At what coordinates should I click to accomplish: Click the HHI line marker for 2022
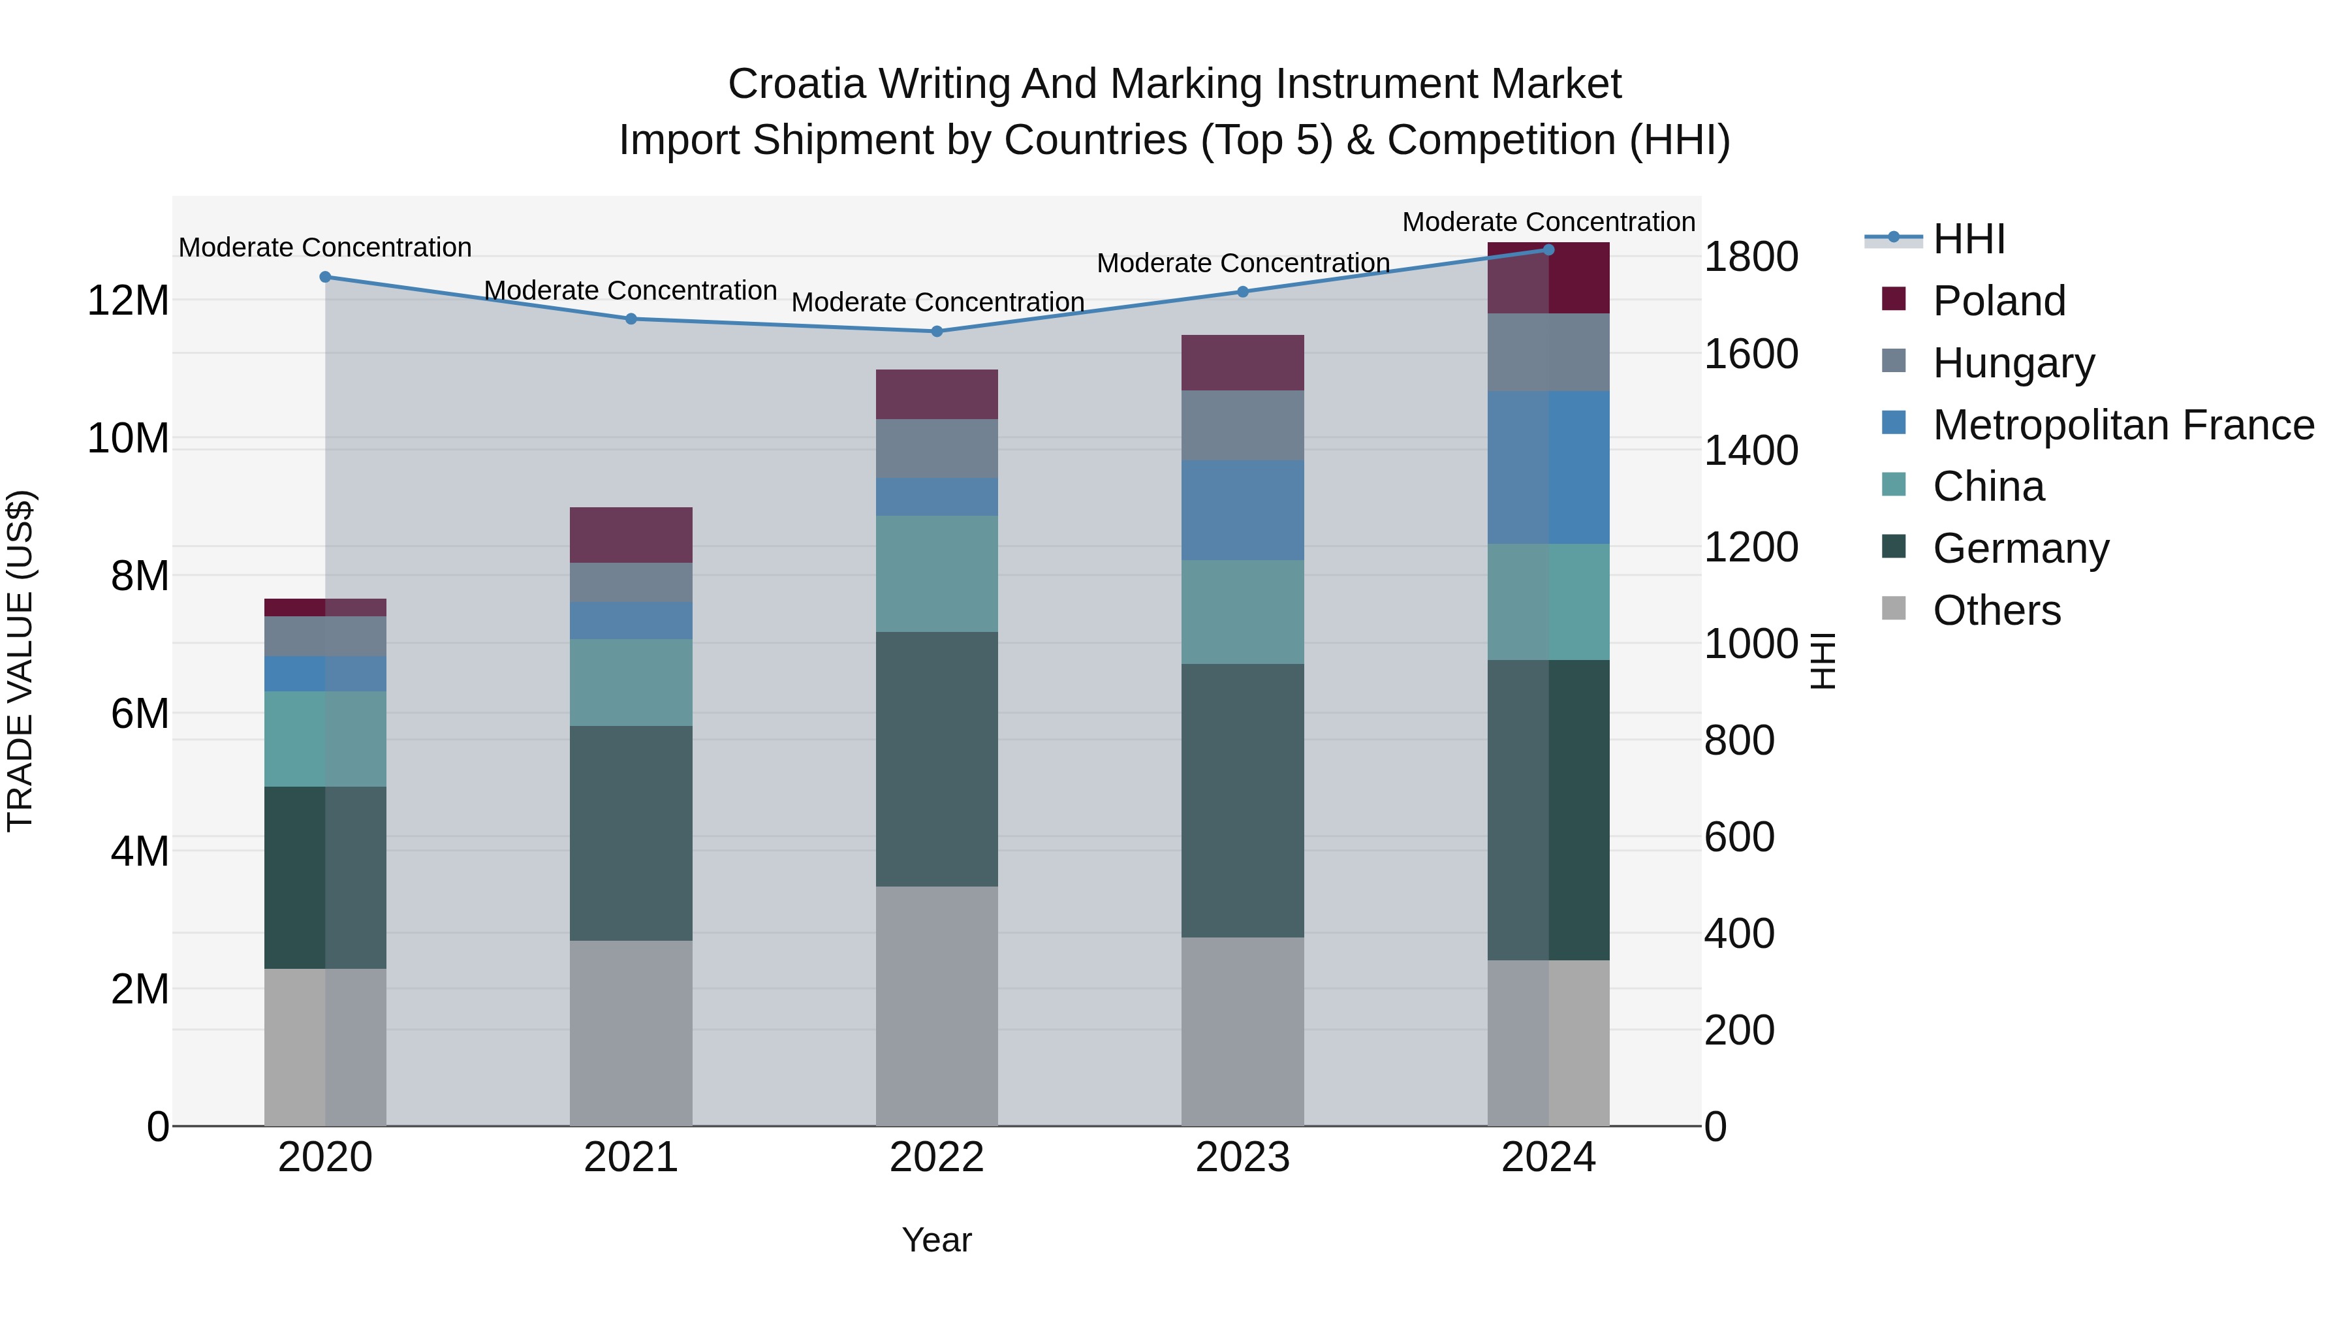(936, 331)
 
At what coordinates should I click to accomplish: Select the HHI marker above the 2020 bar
(325, 276)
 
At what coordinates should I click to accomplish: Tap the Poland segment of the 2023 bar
(1242, 362)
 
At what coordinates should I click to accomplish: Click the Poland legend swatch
(1893, 299)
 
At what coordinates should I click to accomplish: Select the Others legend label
(1996, 610)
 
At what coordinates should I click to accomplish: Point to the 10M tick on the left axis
(128, 439)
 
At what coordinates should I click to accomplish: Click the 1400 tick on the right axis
(1749, 450)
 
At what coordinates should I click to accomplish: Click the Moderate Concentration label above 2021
(631, 290)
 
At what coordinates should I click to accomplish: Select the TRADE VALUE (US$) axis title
(20, 661)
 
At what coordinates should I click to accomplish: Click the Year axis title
(936, 1240)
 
